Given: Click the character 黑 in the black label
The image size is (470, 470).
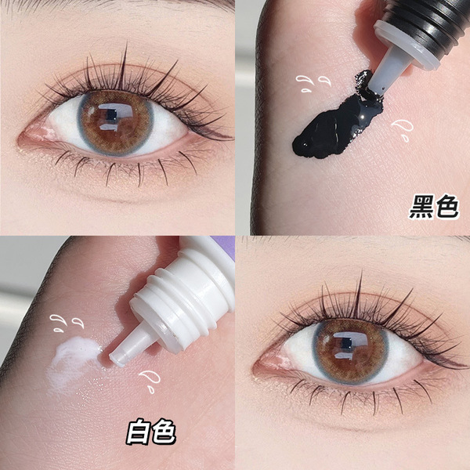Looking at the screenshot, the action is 421,206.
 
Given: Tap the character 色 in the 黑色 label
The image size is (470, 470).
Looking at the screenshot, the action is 447,206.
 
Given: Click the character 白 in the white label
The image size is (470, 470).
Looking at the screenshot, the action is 138,432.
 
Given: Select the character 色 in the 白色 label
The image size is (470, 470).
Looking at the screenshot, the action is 164,432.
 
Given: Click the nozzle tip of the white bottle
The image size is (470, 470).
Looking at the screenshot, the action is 117,356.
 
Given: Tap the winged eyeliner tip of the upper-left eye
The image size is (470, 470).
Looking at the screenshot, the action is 231,139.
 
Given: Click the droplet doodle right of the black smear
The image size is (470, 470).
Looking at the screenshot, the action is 403,130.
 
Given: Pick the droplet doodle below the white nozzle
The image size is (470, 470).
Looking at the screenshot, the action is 150,381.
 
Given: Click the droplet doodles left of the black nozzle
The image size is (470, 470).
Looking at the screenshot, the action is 313,83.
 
